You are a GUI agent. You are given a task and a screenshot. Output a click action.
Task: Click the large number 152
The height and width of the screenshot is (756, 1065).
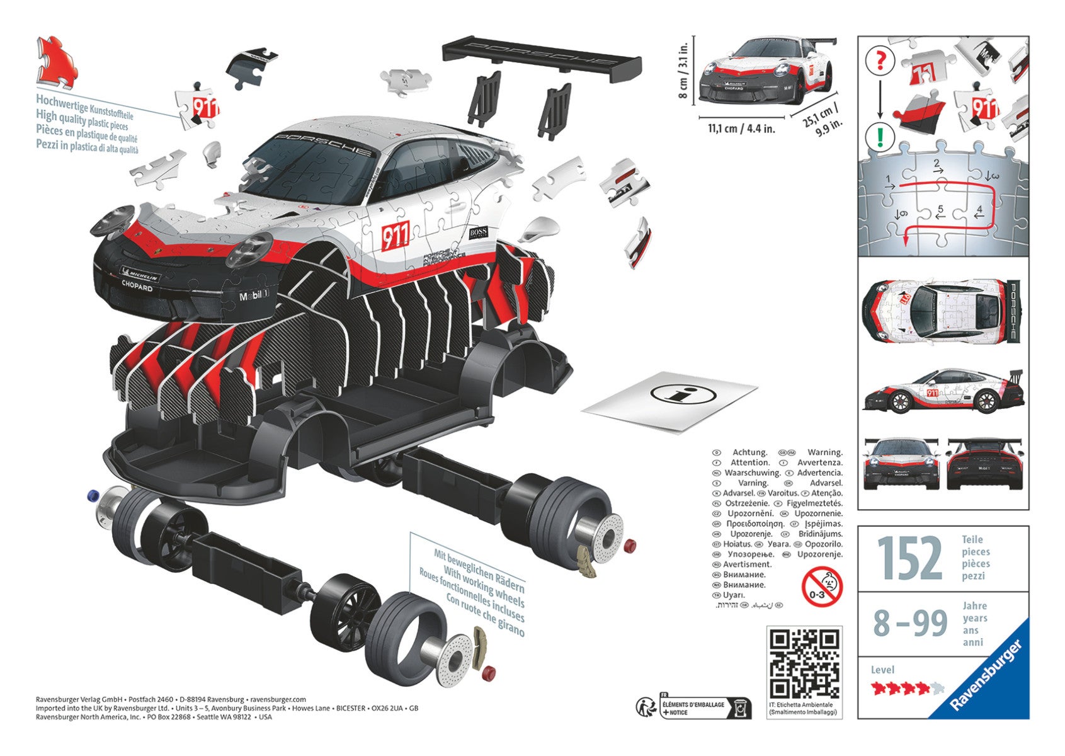[909, 558]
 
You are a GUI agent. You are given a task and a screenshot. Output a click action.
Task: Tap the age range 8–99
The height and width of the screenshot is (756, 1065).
[910, 623]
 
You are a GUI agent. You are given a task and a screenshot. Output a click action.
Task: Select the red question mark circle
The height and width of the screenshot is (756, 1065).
[880, 60]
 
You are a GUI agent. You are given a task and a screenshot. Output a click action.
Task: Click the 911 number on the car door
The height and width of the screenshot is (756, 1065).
[396, 235]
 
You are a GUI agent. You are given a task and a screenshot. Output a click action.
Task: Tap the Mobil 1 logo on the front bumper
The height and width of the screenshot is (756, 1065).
[254, 295]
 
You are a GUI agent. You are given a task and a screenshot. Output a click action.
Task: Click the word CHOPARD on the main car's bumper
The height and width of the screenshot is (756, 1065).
[137, 287]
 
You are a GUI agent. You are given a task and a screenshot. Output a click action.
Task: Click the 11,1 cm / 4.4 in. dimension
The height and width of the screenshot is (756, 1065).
[741, 129]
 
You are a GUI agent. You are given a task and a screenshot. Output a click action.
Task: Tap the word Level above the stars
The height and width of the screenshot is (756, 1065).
[882, 670]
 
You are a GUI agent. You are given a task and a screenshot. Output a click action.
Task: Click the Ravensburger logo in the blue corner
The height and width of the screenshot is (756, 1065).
[990, 677]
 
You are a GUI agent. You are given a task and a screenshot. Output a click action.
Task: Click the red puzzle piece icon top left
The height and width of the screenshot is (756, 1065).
[57, 62]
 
